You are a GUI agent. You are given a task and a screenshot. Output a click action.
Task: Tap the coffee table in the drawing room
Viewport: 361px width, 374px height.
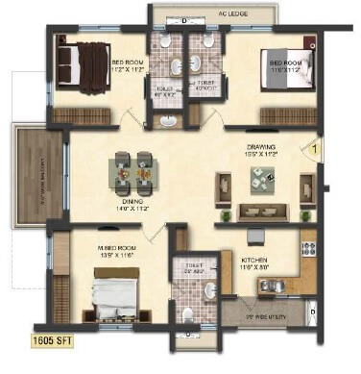261,176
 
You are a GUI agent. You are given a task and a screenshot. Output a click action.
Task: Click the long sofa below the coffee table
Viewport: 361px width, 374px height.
260,210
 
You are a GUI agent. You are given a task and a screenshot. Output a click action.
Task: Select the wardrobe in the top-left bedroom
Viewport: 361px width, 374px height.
84,115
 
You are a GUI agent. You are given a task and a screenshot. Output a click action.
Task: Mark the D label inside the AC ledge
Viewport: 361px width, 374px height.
184,19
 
